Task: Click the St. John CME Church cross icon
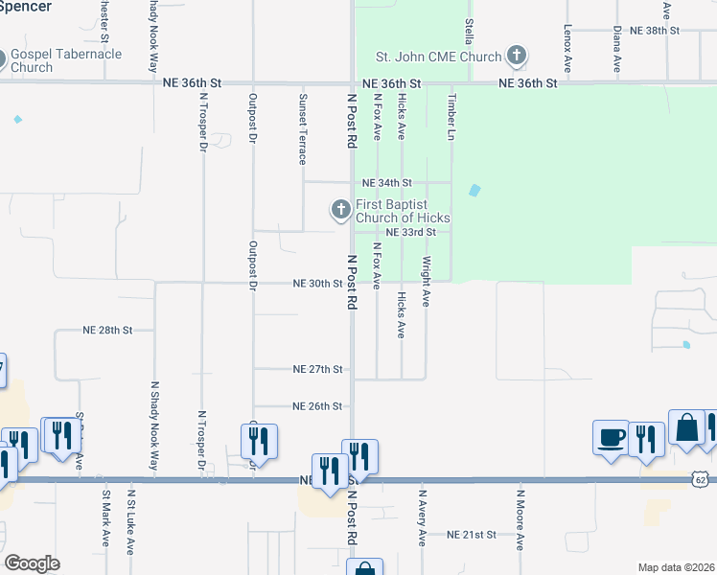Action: coord(517,56)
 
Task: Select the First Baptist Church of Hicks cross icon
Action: coord(340,209)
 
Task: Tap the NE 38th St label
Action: coord(655,31)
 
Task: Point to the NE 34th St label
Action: coord(386,182)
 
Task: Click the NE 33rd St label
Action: coord(411,232)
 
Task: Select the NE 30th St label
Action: coord(317,284)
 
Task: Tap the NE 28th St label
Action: coord(106,330)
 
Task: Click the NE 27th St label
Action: coord(318,369)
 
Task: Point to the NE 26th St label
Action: coord(317,406)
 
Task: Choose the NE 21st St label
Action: coord(472,534)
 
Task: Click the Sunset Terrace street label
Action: coord(303,128)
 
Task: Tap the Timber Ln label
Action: coord(450,116)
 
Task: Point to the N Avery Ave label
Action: coord(421,518)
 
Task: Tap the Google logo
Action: coord(33,563)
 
